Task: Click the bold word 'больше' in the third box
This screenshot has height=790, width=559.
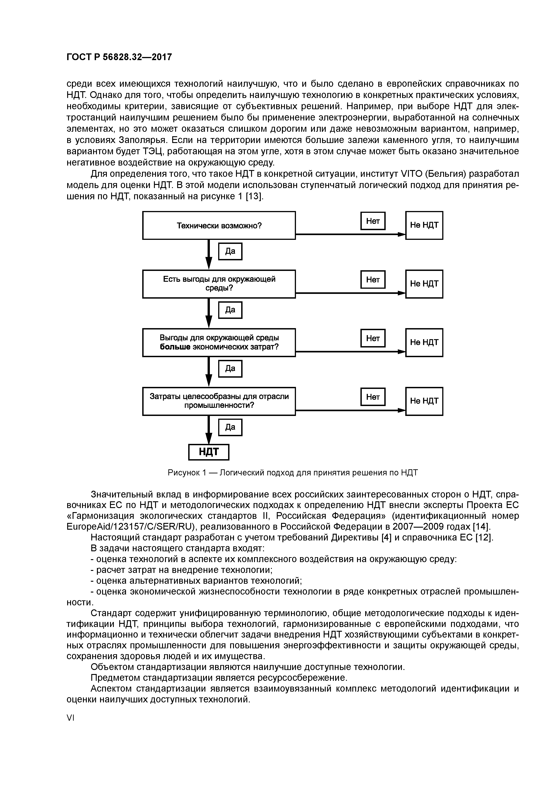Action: click(175, 347)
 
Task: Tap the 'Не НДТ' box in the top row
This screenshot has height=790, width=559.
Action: click(424, 225)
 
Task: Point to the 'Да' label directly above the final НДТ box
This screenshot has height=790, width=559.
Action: click(230, 427)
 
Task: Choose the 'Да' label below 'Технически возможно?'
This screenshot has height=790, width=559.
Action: click(230, 251)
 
